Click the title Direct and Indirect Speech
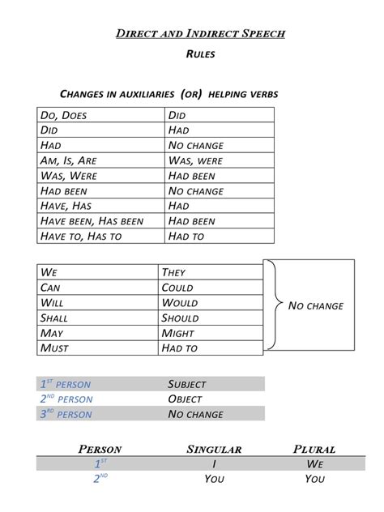click(200, 34)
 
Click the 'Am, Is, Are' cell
click(68, 160)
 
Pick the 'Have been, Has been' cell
click(92, 221)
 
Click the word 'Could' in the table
click(177, 288)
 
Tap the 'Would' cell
click(179, 303)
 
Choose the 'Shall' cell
click(58, 318)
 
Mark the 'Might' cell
click(178, 333)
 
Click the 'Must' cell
click(54, 348)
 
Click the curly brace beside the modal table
click(274, 305)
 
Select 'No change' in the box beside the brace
click(316, 306)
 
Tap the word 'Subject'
click(187, 384)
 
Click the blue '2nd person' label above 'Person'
click(66, 399)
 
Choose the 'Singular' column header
click(214, 449)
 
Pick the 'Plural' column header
click(314, 449)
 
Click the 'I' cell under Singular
click(214, 463)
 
